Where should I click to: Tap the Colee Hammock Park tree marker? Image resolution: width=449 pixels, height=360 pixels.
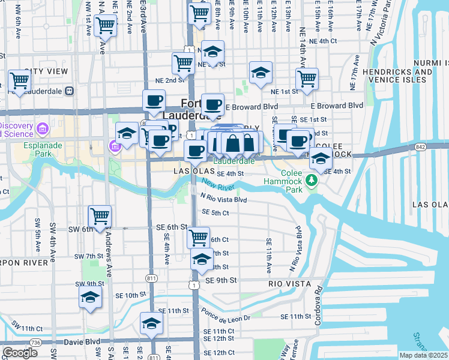tap(310, 180)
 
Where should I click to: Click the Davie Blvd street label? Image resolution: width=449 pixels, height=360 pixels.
tap(66, 342)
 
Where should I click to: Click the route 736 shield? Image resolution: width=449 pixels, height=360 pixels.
tap(37, 343)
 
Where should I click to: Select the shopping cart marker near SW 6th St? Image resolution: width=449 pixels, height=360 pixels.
tap(100, 216)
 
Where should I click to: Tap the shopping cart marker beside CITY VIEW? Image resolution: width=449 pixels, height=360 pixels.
tap(20, 80)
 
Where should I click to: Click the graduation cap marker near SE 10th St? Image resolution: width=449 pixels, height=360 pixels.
tap(90, 297)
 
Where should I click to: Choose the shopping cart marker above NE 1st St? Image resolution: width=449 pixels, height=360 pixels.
tap(306, 79)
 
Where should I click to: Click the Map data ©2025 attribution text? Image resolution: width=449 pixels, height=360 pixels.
tap(423, 355)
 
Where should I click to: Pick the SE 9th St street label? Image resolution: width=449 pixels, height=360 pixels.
tap(221, 280)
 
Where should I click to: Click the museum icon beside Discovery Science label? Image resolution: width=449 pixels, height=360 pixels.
tap(42, 129)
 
